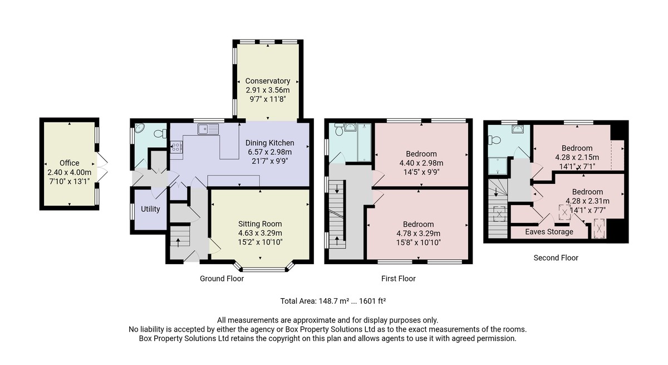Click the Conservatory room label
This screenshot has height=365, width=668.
pyautogui.click(x=268, y=81)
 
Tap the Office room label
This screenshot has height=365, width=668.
pyautogui.click(x=69, y=163)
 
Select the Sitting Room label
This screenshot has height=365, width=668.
pyautogui.click(x=260, y=224)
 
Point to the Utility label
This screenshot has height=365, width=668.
pyautogui.click(x=150, y=209)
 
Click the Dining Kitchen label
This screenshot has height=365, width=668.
pyautogui.click(x=269, y=143)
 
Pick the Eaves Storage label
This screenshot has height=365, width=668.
pyautogui.click(x=549, y=232)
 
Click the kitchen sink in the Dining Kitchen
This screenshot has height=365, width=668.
pyautogui.click(x=208, y=129)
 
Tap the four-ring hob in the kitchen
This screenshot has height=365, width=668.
pyautogui.click(x=176, y=147)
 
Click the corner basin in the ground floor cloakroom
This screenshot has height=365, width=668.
pyautogui.click(x=139, y=128)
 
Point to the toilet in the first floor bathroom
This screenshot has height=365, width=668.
pyautogui.click(x=339, y=129)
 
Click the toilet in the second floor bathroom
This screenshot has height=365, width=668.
pyautogui.click(x=494, y=140)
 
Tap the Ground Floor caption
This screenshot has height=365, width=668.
pyautogui.click(x=222, y=279)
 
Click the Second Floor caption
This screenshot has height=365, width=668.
pyautogui.click(x=556, y=258)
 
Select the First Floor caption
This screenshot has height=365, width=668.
pyautogui.click(x=399, y=279)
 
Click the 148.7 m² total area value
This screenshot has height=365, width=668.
pyautogui.click(x=334, y=301)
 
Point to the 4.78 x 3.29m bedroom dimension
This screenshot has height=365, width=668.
pyautogui.click(x=419, y=233)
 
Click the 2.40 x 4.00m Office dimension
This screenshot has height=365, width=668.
pyautogui.click(x=69, y=172)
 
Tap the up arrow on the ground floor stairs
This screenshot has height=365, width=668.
pyautogui.click(x=178, y=242)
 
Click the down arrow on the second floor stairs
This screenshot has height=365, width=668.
pyautogui.click(x=496, y=192)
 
